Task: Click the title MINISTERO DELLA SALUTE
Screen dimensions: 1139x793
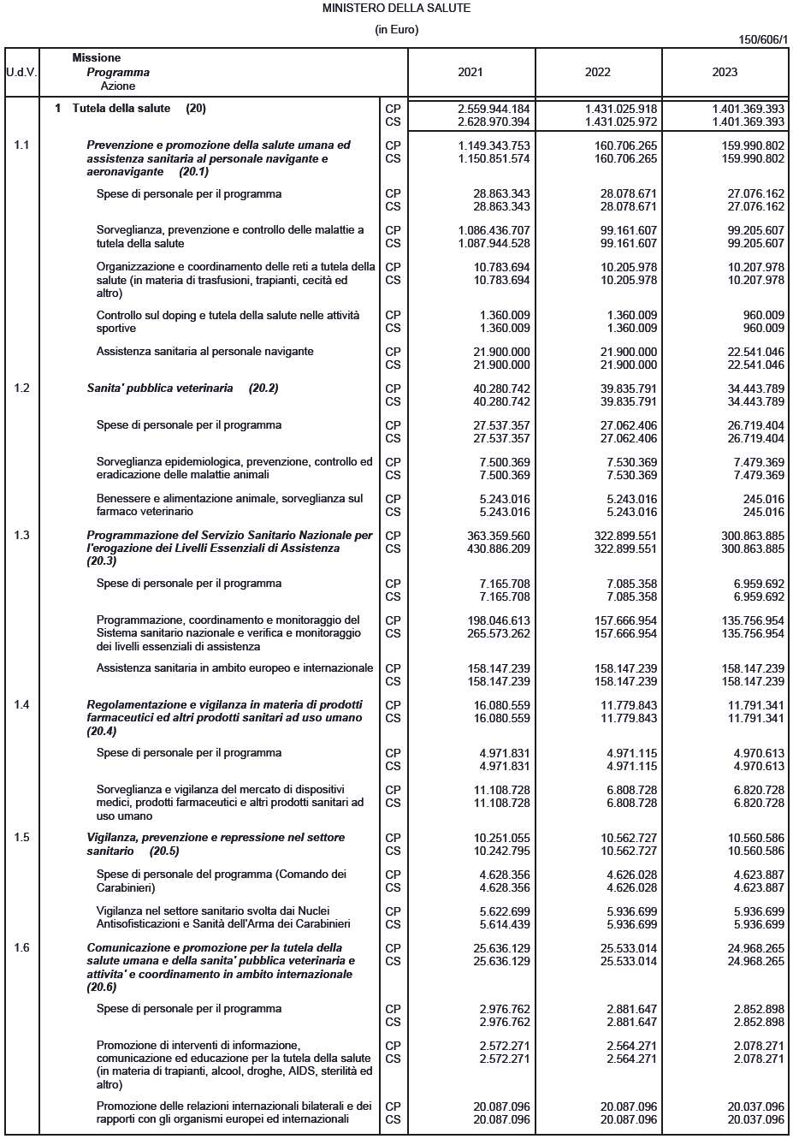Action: (396, 8)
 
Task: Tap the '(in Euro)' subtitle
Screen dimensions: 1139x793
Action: (396, 30)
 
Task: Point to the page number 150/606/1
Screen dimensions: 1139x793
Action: (762, 40)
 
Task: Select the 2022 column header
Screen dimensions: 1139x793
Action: (597, 72)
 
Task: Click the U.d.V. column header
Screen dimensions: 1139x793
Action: (21, 72)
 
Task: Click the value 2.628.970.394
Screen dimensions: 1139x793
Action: (494, 122)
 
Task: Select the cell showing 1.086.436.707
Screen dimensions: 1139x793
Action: (494, 230)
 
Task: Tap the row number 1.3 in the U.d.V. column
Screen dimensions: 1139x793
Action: (21, 535)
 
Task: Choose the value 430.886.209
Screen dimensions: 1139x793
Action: (494, 549)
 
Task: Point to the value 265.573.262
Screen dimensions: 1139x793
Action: (494, 633)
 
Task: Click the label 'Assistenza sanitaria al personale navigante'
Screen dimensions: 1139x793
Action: (204, 352)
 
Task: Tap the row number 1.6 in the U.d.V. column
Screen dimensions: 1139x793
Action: (21, 947)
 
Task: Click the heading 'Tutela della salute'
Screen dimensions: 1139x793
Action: (121, 109)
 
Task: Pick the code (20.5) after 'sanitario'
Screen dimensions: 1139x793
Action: (164, 851)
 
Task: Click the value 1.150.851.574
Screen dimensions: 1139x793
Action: (494, 158)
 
